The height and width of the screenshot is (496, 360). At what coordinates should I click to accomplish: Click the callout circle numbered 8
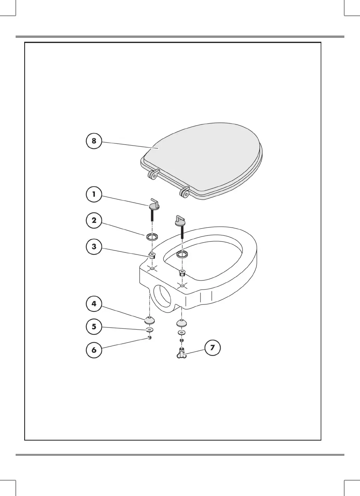[94, 141]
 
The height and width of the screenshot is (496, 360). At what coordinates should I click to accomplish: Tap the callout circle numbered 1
[94, 195]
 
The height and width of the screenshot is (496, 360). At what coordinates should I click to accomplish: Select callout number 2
[94, 220]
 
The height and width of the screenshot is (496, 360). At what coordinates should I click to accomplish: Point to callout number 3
[94, 247]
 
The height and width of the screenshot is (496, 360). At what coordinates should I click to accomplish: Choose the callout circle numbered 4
[94, 304]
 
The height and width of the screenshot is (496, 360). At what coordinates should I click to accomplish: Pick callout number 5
[94, 327]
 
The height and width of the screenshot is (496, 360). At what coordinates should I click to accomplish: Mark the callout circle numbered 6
[94, 350]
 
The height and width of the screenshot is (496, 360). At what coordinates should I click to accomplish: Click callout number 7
[212, 348]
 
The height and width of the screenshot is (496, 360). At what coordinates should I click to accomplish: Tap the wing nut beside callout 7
[182, 353]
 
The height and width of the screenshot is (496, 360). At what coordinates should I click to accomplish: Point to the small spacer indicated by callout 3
[151, 256]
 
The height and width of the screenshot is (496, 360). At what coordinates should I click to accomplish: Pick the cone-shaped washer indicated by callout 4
[149, 320]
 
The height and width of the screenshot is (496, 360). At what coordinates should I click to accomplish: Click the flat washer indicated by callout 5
[149, 330]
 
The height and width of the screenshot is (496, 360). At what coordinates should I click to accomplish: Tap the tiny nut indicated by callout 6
[150, 338]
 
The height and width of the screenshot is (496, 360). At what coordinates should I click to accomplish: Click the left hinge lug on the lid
[154, 174]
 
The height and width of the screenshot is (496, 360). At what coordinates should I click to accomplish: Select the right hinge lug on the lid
[185, 192]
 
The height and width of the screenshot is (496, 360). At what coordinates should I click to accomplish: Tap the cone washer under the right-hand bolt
[181, 323]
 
